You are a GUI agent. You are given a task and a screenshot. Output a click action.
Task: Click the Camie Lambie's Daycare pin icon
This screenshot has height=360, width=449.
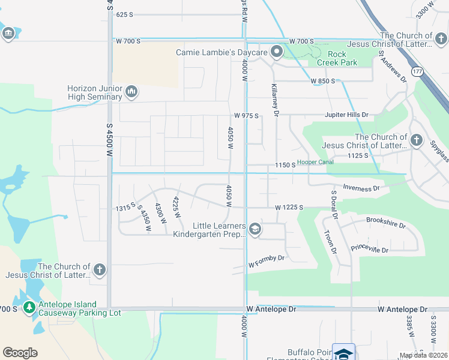click(277, 52)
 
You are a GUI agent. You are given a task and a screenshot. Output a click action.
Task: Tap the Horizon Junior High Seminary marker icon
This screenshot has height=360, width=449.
click(131, 92)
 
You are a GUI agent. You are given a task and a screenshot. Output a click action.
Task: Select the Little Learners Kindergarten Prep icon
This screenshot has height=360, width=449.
click(255, 229)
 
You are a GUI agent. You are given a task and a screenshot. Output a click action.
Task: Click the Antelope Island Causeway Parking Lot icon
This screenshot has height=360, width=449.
click(29, 308)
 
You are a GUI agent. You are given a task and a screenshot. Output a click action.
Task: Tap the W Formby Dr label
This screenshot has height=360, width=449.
click(266, 262)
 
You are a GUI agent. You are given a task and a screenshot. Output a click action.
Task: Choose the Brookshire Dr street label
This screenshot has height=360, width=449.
click(386, 224)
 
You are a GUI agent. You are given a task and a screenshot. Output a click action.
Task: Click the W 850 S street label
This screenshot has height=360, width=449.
click(322, 82)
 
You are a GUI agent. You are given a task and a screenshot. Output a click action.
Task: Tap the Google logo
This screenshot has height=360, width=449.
click(20, 353)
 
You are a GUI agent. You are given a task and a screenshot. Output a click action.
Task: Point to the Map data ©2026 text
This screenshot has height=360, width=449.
click(423, 355)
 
